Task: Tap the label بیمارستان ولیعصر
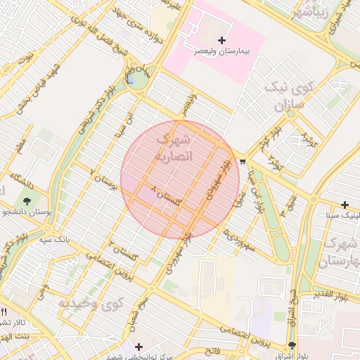pos(223,52)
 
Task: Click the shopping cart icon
pos(243,162)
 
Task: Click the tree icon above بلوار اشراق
pos(292,345)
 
